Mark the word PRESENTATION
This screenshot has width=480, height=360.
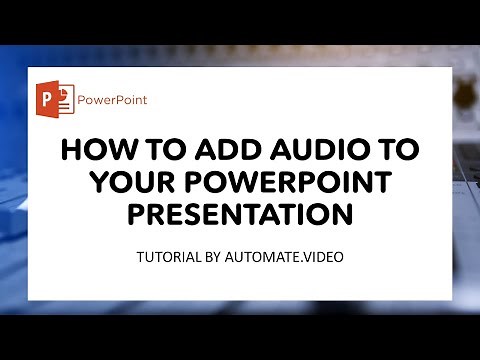(x=239, y=215)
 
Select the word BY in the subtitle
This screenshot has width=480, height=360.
(x=213, y=257)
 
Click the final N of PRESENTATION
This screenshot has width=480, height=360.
(x=345, y=215)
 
